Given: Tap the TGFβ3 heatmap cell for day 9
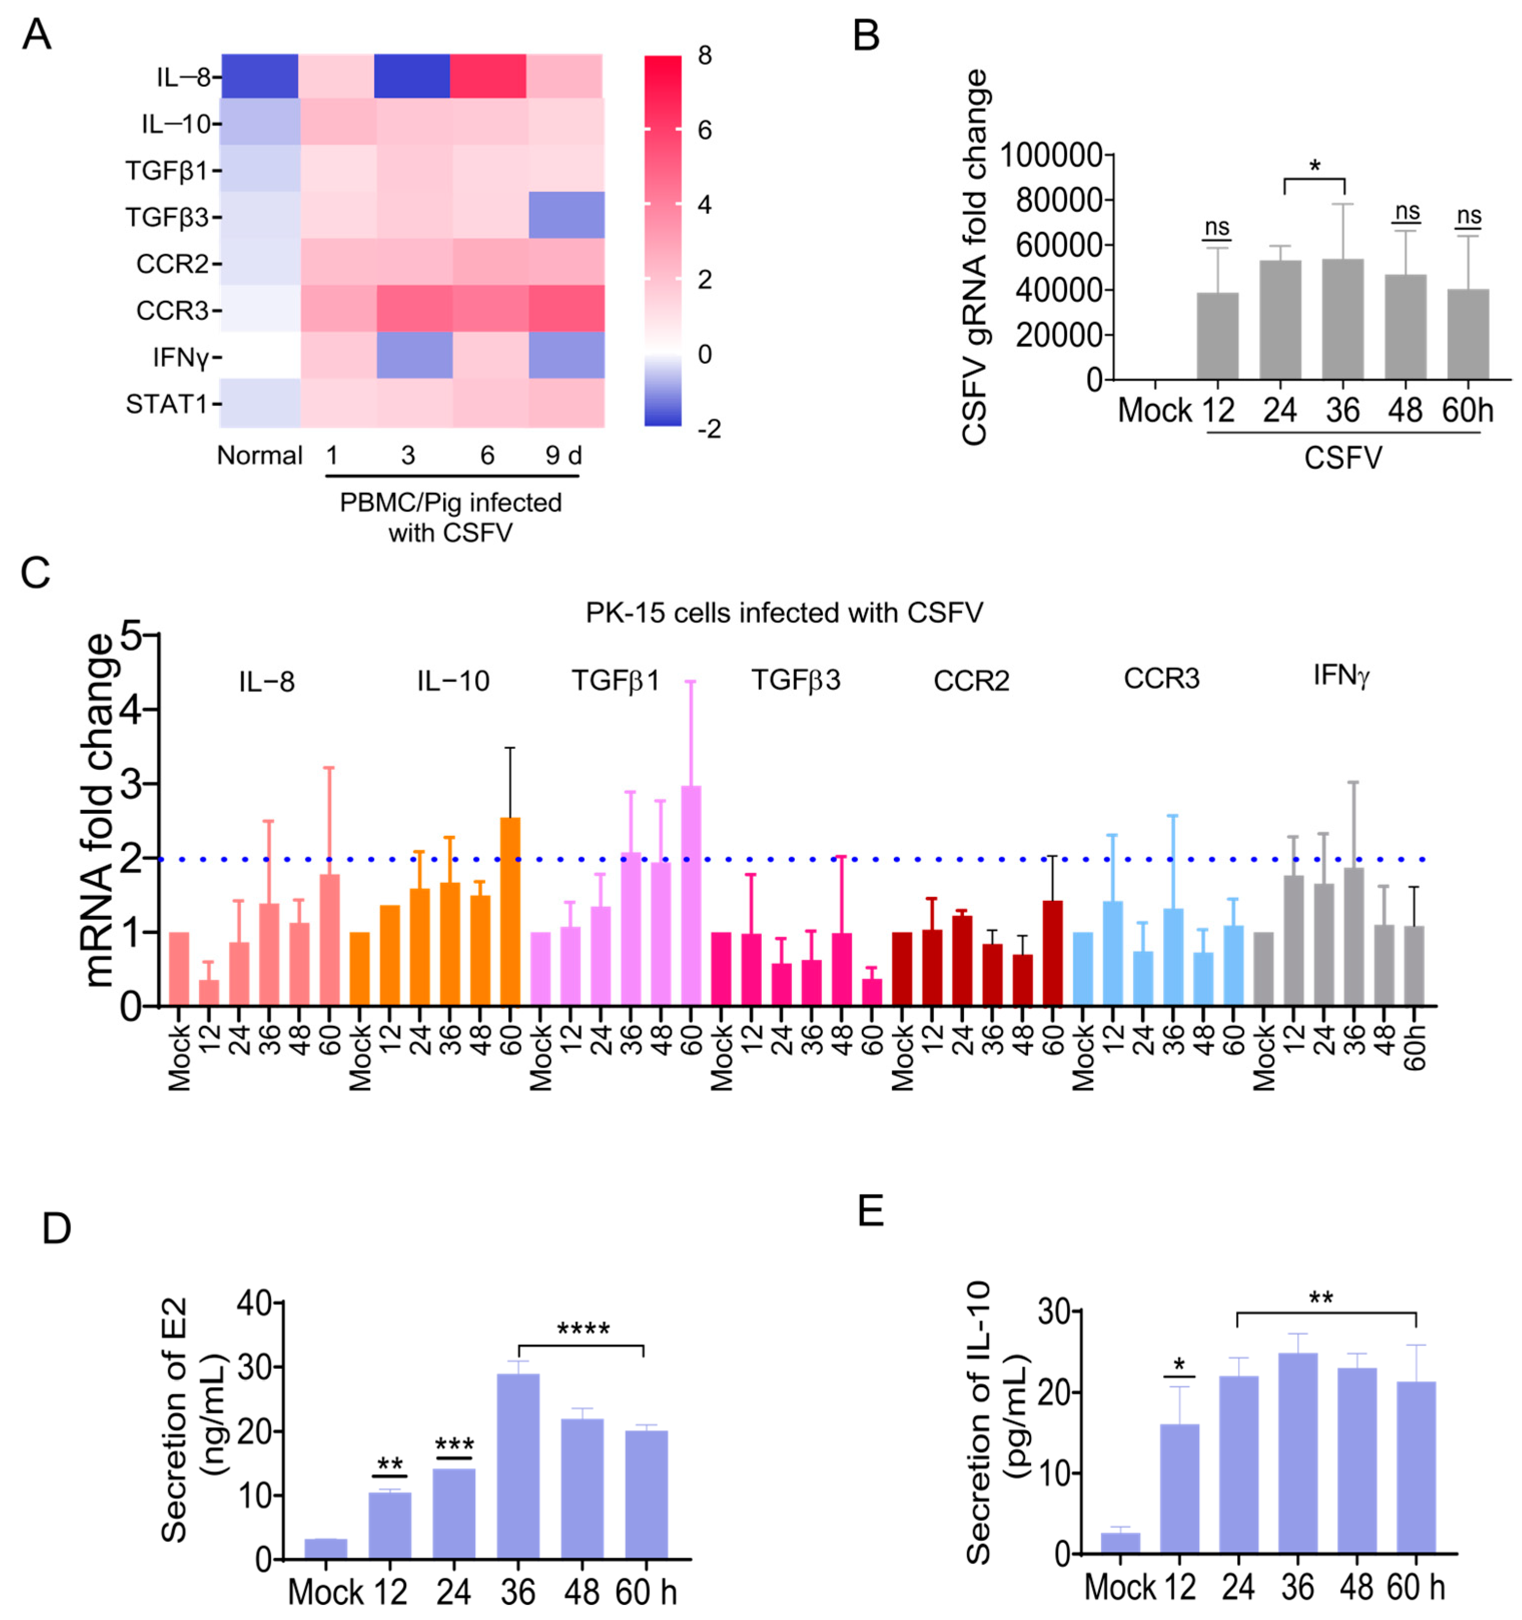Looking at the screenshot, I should (x=566, y=215).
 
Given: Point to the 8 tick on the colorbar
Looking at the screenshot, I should (x=704, y=56).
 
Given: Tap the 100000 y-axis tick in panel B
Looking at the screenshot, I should (x=1051, y=154).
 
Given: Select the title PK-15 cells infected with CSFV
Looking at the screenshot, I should (x=784, y=613).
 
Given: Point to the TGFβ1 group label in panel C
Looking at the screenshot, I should (x=615, y=681).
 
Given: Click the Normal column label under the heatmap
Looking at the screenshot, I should (x=259, y=455).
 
